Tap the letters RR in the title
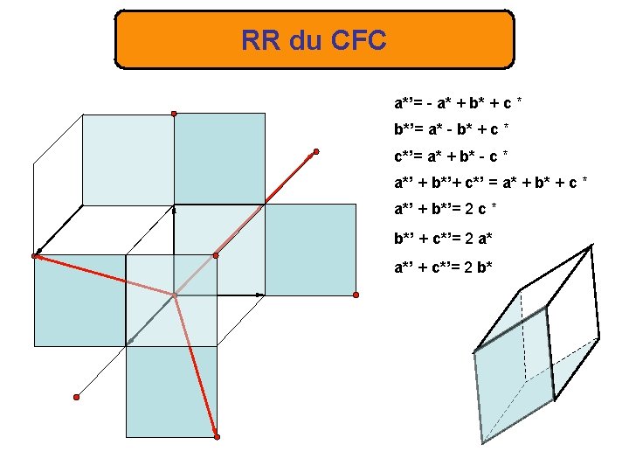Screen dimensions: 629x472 click(x=259, y=40)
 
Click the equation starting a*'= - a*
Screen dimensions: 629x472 click(x=459, y=102)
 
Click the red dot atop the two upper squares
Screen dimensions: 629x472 click(x=174, y=114)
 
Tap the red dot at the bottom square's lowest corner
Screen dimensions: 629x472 click(x=217, y=437)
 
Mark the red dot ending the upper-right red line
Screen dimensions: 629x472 click(x=316, y=152)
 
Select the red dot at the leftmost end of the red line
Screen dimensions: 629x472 click(x=35, y=256)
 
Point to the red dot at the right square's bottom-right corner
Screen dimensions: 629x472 click(x=356, y=295)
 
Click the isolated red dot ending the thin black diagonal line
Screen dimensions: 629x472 click(x=76, y=397)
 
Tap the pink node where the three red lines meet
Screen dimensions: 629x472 click(x=174, y=295)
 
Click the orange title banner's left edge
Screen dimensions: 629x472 click(x=117, y=40)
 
